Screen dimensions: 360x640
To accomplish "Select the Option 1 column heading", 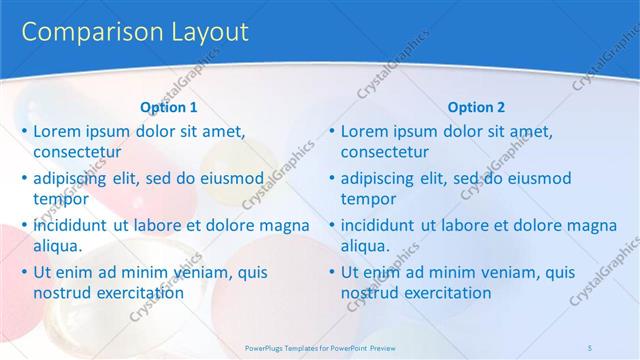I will click(x=169, y=107).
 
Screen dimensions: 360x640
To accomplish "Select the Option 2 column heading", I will click(x=476, y=107).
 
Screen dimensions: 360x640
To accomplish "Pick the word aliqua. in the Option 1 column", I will click(x=58, y=246).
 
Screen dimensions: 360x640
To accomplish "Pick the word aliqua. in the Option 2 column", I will click(x=366, y=246).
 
